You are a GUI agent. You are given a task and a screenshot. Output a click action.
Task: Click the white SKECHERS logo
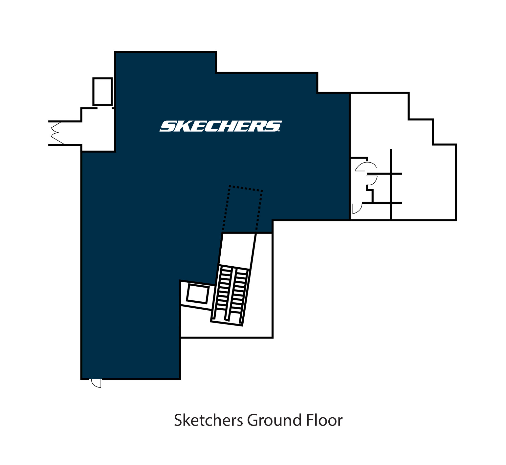click(x=221, y=126)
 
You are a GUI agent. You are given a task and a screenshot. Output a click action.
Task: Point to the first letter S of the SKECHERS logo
click(x=167, y=126)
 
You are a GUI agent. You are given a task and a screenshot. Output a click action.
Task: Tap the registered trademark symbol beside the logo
click(x=279, y=131)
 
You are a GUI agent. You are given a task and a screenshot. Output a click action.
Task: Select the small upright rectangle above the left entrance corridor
click(x=103, y=92)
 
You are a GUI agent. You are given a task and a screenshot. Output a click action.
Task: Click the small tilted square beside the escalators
click(x=198, y=294)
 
